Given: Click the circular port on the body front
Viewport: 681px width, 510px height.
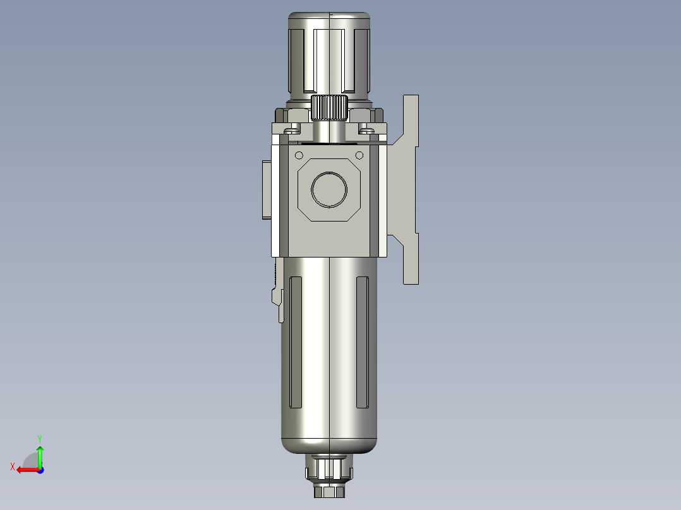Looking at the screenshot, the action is (329, 189).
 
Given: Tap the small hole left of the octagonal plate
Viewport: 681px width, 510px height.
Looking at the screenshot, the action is (299, 155).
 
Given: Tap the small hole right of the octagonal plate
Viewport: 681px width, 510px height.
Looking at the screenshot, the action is (359, 155).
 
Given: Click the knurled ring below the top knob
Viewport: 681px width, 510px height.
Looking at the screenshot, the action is (329, 108).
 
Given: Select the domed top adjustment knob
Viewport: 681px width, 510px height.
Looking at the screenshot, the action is (329, 53).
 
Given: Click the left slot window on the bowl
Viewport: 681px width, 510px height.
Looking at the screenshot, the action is (296, 343).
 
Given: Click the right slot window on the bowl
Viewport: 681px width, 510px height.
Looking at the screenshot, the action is (363, 343).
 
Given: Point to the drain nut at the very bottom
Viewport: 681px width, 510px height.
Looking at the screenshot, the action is (329, 492).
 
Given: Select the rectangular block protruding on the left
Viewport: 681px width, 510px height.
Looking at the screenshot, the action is (267, 190).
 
